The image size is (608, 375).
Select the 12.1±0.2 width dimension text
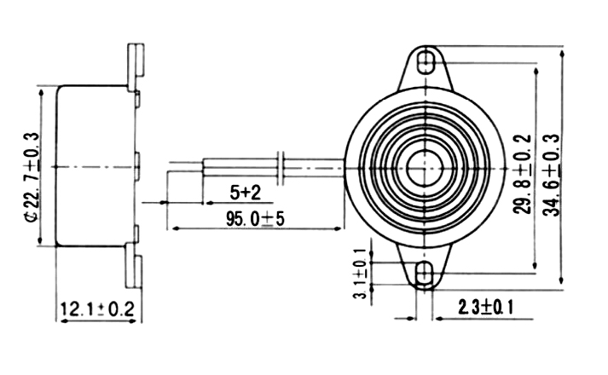click(98, 309)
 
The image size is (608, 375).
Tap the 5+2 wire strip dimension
click(245, 190)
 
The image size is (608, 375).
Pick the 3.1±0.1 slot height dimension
click(362, 273)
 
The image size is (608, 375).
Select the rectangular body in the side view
click(94, 166)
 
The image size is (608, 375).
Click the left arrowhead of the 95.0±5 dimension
click(173, 228)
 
